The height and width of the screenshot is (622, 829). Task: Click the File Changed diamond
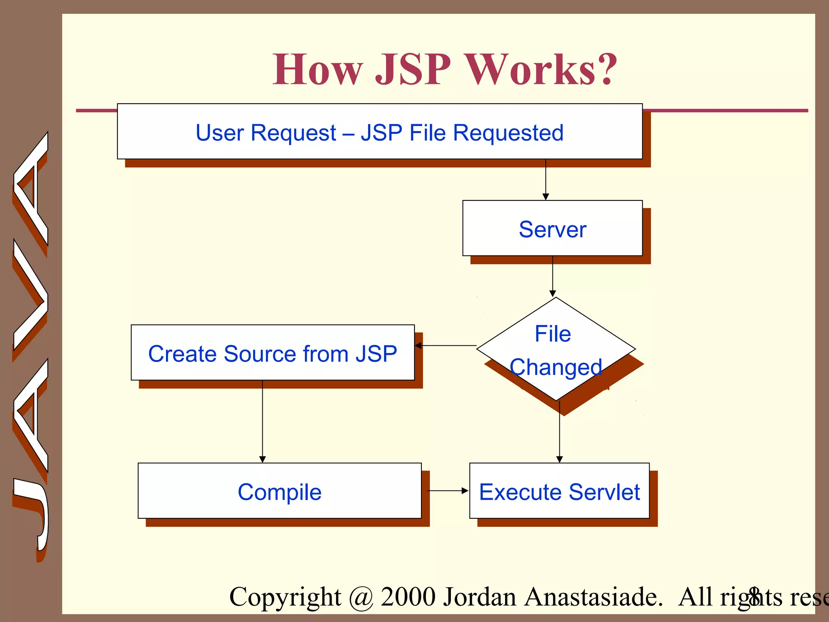click(x=556, y=349)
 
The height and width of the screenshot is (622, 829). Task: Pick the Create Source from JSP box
click(x=272, y=353)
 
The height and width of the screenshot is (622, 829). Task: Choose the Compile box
click(x=279, y=491)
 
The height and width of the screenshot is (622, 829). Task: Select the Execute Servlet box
click(x=559, y=491)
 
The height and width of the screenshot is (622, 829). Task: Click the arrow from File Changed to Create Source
click(x=445, y=345)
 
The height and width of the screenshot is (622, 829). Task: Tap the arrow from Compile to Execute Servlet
click(x=447, y=490)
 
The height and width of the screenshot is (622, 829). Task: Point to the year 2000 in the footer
click(x=408, y=596)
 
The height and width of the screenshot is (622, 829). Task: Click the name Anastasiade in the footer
click(x=594, y=596)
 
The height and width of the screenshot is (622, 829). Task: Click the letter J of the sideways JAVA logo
click(x=31, y=514)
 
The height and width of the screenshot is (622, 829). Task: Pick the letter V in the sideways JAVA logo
click(x=31, y=295)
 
